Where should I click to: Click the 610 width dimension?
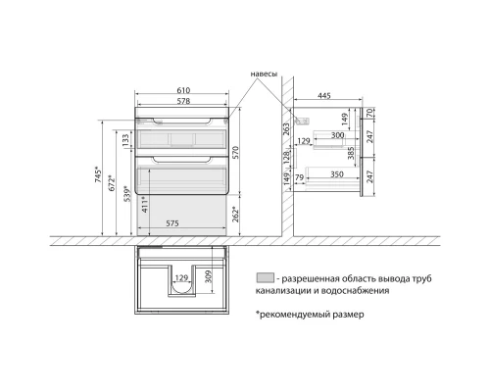[183, 90]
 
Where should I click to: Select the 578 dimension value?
[183, 101]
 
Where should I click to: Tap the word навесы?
[264, 74]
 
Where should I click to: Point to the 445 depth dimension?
[324, 96]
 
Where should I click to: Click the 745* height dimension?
[99, 174]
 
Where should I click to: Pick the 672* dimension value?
[112, 183]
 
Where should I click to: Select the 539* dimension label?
[127, 194]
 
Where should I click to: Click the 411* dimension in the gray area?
[145, 205]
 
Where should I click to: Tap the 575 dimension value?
[172, 223]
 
